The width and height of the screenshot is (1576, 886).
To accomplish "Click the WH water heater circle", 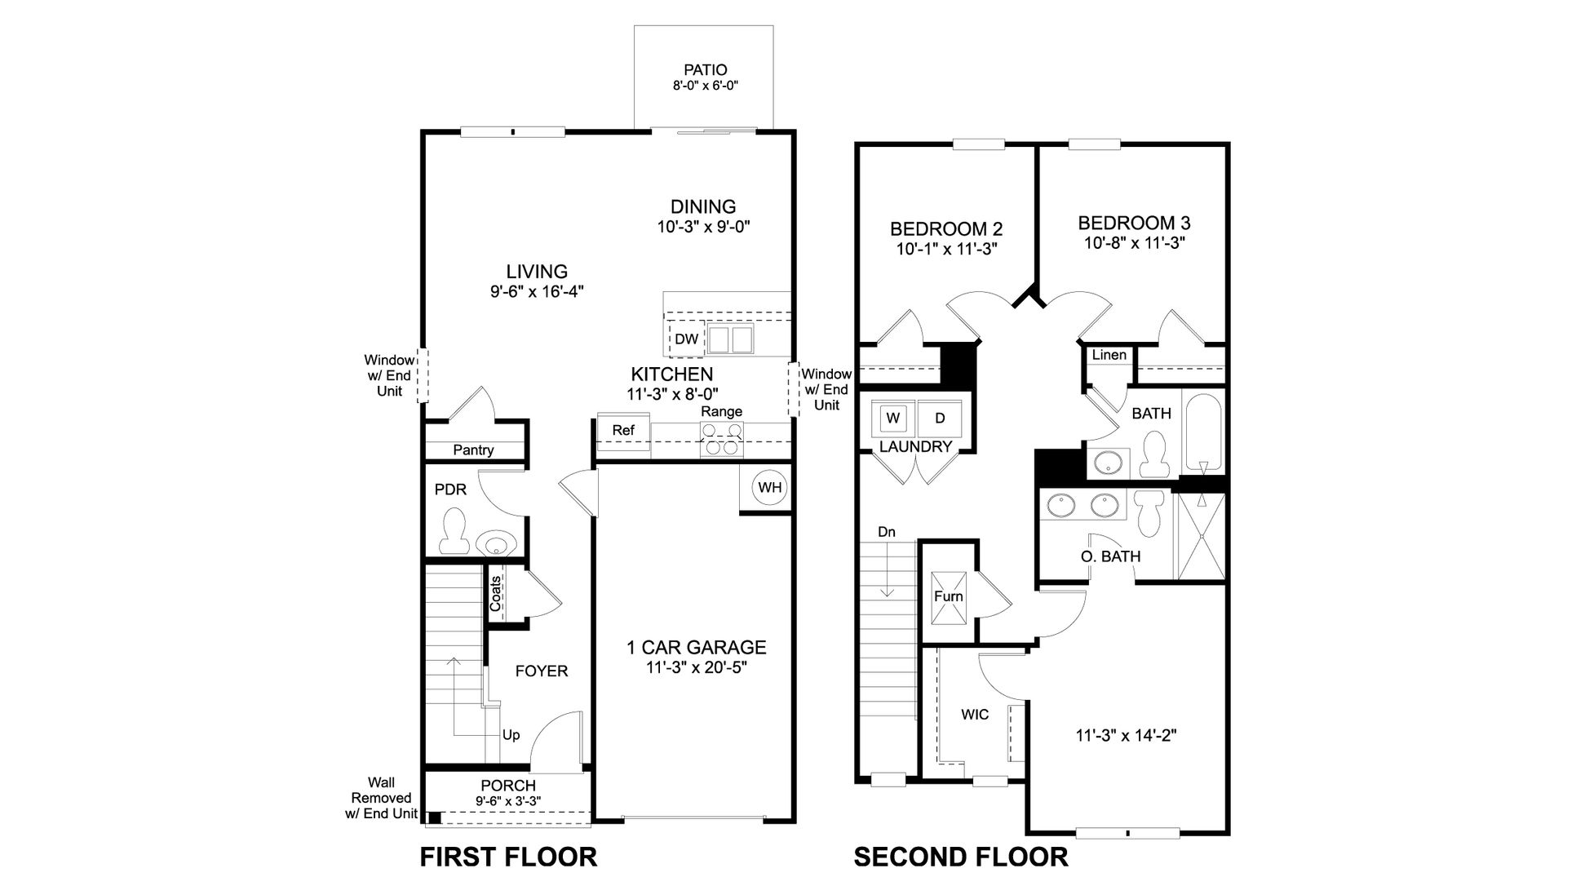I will click(769, 489).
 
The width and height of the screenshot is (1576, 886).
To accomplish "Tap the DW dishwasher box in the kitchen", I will click(687, 339).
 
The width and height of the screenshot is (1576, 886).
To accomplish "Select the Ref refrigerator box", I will click(623, 431).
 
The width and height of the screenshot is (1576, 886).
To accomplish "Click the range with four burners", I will click(722, 439).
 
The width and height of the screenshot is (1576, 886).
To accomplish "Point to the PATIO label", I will click(705, 70).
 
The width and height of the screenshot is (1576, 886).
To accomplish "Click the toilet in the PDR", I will click(452, 529).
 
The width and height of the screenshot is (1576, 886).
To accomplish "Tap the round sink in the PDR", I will click(494, 542).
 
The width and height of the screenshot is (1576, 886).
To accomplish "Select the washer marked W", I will click(893, 419).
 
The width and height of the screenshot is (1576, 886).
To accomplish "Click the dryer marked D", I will click(940, 419).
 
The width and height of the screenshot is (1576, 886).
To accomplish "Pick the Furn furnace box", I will click(949, 596).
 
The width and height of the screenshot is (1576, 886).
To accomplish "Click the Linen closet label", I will click(1109, 355).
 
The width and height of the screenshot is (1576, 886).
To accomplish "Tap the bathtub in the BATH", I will click(1203, 433).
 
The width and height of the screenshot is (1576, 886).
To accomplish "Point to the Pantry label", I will click(473, 450).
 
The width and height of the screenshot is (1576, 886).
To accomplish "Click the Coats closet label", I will click(495, 594).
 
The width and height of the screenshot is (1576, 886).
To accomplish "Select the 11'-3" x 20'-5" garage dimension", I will click(696, 667).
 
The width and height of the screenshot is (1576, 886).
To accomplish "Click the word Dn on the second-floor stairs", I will click(886, 532).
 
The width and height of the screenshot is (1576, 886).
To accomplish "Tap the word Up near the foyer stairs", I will click(511, 735).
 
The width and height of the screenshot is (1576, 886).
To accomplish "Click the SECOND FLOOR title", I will click(960, 857).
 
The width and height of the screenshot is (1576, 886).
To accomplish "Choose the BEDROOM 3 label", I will click(1133, 223).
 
